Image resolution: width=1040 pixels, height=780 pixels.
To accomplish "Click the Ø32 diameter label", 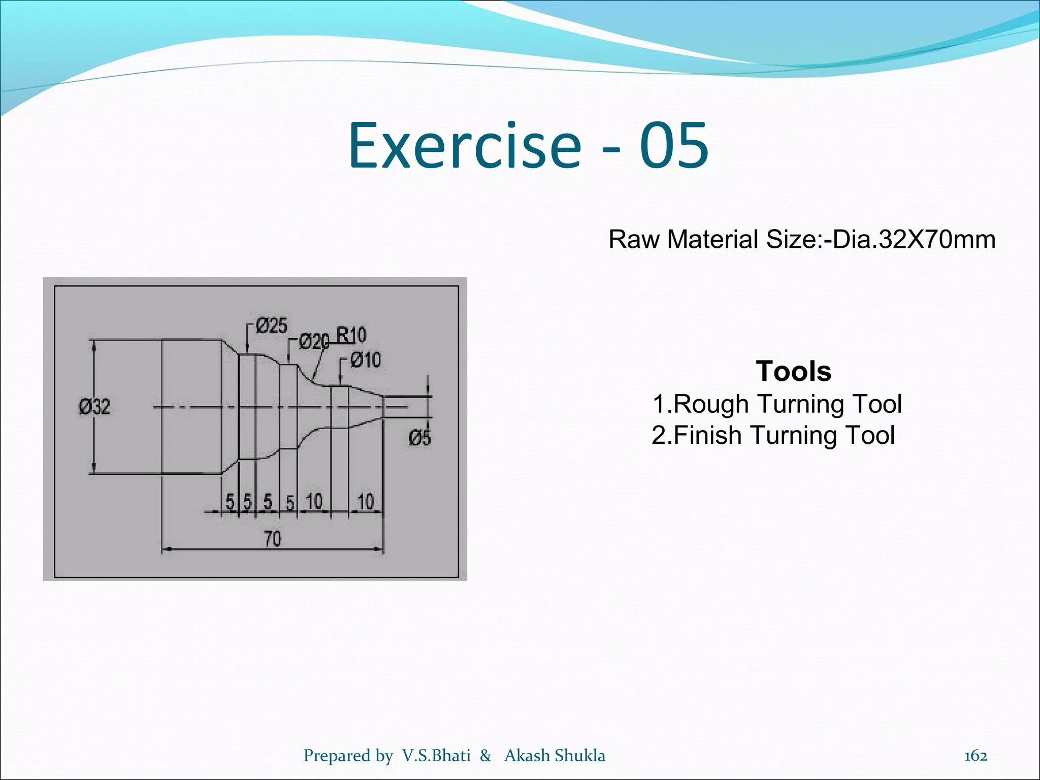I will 94,407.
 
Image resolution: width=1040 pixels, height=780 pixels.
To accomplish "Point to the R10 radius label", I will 351,335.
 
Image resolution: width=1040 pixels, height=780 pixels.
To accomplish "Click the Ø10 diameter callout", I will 366,360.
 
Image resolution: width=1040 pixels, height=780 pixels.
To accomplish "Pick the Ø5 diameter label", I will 420,438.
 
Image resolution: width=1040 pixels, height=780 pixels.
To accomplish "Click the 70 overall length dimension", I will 273,539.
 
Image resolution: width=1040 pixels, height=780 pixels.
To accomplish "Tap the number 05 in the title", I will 673,146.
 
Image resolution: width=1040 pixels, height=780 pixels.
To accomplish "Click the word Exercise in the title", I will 464,146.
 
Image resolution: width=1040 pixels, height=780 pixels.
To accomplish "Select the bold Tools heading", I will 794,371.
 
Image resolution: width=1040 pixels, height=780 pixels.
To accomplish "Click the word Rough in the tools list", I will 710,404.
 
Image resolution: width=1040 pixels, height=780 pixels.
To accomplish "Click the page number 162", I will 976,756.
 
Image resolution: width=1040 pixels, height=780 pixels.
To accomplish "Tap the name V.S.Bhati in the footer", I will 436,756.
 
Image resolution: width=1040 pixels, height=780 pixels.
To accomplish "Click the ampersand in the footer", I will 485,756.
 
